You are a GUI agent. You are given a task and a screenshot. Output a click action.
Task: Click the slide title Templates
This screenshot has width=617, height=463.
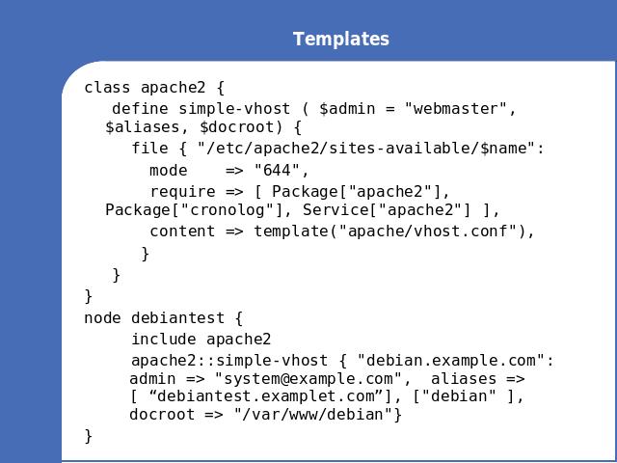coord(341,39)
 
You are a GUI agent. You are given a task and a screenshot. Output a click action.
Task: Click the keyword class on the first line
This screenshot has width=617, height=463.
coord(107,88)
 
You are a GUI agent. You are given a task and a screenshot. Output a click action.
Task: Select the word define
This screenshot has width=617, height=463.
coord(141,109)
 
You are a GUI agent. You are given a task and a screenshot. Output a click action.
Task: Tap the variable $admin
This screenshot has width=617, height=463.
coord(347,109)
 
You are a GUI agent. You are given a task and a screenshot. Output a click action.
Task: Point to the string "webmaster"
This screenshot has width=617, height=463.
coord(456,109)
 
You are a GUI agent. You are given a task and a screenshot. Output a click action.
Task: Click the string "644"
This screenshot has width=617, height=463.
coord(278,171)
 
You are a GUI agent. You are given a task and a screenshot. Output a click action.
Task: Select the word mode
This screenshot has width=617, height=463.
coord(169,171)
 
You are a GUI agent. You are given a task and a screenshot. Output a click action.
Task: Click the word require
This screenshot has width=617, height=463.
coord(182,192)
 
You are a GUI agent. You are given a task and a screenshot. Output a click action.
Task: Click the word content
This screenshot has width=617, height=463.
coord(182,231)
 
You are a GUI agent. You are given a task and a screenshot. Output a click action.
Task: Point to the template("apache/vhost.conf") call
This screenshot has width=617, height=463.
coord(390,231)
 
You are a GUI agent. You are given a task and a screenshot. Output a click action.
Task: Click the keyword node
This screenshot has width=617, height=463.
coord(103,318)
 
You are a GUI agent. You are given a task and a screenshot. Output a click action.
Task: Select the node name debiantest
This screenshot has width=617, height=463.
coord(177,318)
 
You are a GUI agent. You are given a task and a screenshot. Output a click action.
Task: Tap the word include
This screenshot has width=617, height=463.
coord(164,340)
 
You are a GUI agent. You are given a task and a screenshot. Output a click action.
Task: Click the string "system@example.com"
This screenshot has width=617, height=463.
coord(308,379)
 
